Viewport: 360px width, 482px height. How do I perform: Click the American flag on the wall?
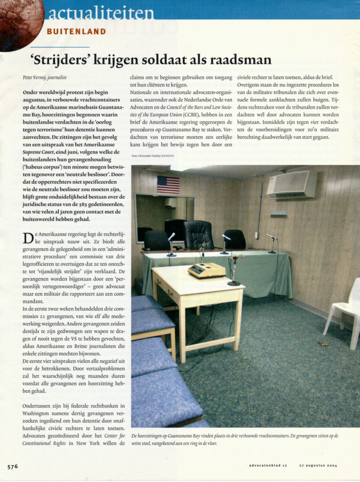click(168, 185)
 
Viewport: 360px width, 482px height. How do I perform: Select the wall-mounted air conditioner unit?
click(292, 184)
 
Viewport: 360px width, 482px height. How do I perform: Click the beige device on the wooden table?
click(207, 270)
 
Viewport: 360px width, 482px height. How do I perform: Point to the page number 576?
click(13, 466)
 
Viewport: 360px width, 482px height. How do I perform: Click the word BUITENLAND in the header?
click(76, 32)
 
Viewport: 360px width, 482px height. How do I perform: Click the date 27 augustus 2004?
click(318, 466)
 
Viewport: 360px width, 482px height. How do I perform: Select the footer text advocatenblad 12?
click(268, 466)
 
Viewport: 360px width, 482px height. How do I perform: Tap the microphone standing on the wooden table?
click(234, 271)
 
